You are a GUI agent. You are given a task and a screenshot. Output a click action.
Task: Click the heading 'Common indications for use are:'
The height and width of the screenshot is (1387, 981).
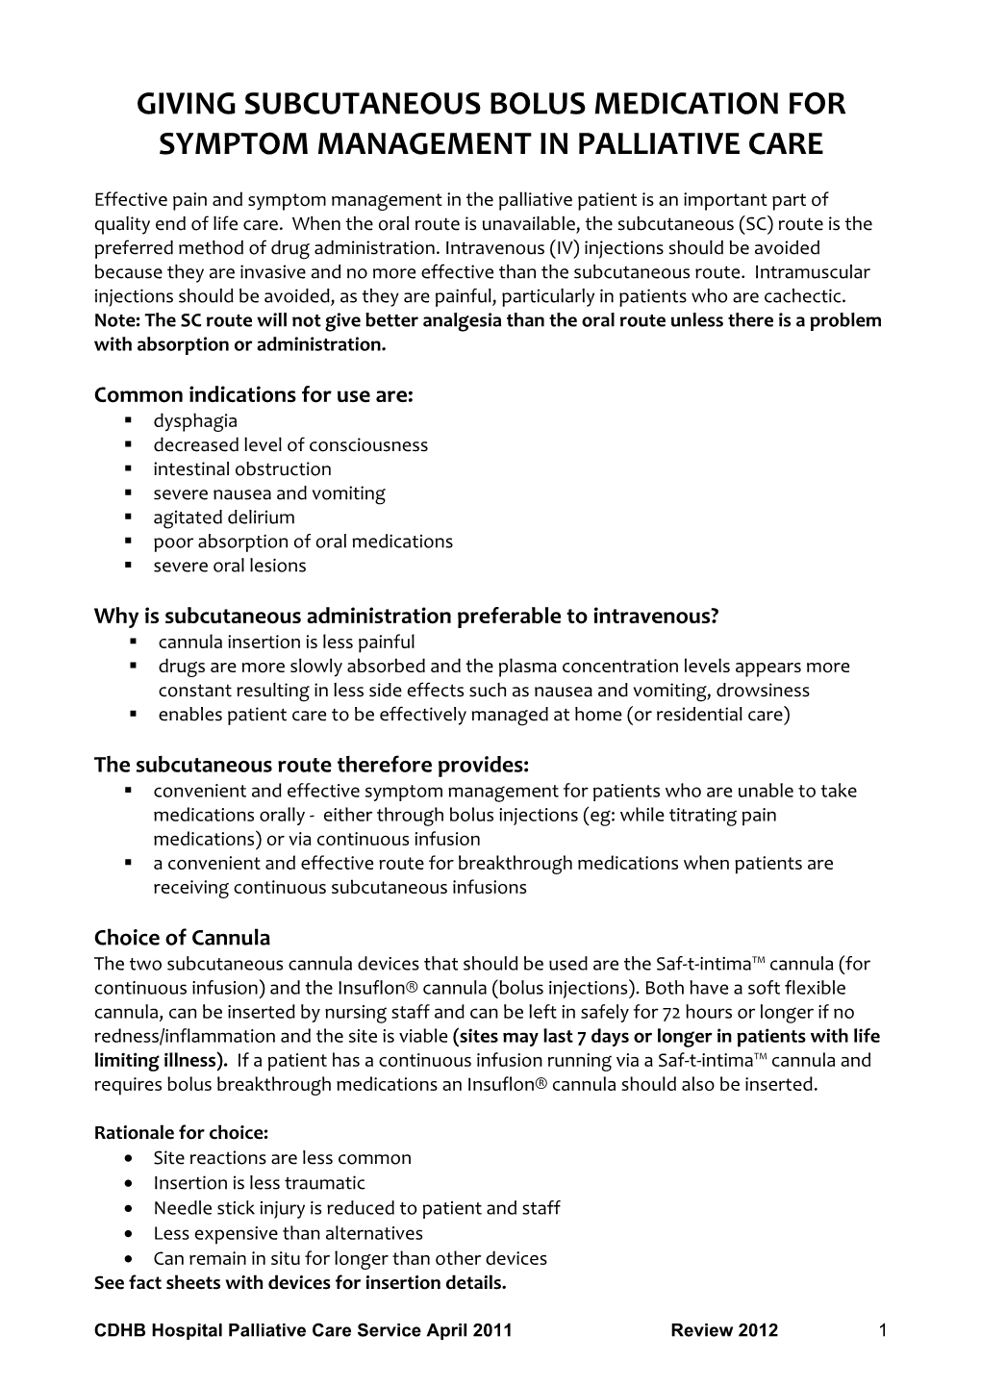point(253,395)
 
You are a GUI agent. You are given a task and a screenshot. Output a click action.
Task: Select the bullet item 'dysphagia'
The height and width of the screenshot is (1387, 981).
point(194,420)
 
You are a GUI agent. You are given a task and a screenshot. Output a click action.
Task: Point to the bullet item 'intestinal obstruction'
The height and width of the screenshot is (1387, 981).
point(241,469)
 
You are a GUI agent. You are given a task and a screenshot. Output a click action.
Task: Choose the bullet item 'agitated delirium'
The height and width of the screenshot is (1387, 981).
point(223,517)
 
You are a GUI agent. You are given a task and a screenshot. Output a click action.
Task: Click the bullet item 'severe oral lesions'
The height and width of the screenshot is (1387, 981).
point(229,566)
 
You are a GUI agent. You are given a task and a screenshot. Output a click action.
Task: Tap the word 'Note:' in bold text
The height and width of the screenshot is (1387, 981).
point(115,320)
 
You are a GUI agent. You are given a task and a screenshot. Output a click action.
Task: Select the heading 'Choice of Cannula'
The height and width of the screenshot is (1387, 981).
point(182,938)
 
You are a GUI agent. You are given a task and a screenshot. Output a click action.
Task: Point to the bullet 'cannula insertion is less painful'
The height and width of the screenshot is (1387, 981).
point(286,642)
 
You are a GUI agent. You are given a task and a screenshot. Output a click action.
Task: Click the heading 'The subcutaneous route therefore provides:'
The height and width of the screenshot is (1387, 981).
point(312,765)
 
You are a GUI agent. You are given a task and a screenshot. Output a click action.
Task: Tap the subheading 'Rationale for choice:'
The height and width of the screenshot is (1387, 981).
point(181,1133)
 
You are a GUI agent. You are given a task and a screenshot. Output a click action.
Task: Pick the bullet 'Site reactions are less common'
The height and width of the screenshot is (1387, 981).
point(282,1158)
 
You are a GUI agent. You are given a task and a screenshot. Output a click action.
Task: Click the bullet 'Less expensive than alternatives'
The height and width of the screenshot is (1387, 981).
point(287,1233)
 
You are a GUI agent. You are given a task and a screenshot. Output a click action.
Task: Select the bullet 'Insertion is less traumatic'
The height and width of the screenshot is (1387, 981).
point(259,1183)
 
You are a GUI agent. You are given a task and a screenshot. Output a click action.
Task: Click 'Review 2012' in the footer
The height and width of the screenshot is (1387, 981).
point(724,1331)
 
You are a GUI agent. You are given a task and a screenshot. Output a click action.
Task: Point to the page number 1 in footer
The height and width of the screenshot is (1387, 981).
point(881,1331)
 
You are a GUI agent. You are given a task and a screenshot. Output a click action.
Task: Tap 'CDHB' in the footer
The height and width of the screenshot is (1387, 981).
point(118,1331)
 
